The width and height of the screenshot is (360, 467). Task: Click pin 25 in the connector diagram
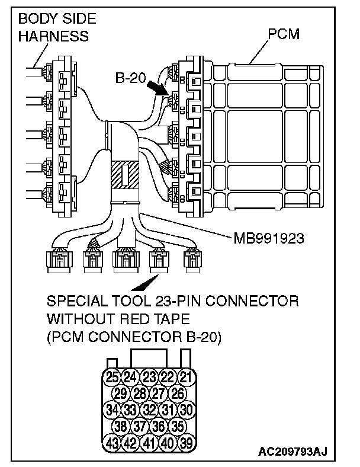pos(111,376)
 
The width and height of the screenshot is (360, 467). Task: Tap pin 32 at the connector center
pos(149,409)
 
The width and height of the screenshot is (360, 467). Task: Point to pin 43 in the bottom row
pos(111,442)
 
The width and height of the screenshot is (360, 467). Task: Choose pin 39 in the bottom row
pos(187,442)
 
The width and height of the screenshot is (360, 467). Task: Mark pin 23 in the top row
pos(149,376)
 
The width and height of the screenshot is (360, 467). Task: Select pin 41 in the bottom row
pos(149,442)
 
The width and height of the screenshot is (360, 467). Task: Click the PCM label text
pos(283,34)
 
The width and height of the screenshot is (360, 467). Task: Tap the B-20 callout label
pos(131,78)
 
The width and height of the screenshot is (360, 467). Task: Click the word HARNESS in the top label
pos(53,36)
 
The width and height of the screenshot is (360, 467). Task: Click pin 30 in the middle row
pos(187,409)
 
